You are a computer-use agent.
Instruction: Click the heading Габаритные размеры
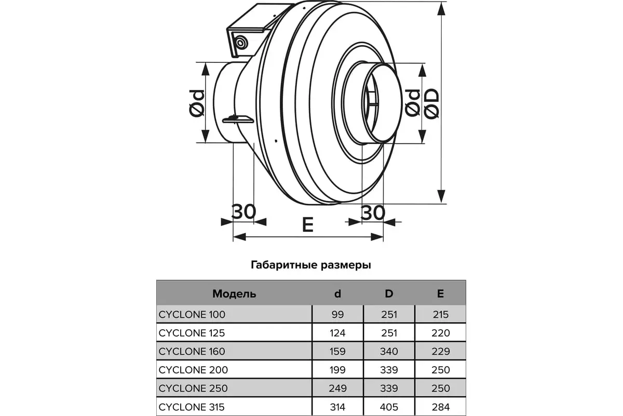pos(310,265)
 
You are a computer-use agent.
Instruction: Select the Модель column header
pos(234,294)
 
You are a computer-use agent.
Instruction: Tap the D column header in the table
pos(389,294)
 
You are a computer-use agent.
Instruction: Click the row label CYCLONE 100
pos(192,315)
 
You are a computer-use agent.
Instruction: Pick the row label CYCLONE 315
pos(192,407)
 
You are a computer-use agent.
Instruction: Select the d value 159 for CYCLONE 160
pos(337,352)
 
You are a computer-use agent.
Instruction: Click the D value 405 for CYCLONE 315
pos(389,407)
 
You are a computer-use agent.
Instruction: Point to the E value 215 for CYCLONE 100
pos(440,315)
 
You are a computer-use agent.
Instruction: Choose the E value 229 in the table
pos(440,352)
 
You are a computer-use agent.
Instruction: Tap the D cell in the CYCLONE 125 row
pos(389,333)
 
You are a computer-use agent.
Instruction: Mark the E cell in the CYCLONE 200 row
pos(440,370)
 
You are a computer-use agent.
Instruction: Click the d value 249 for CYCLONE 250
pos(337,388)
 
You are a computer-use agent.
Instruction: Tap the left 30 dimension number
pos(243,212)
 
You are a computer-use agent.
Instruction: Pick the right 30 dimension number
pos(373,213)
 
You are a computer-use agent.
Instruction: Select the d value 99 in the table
pos(337,315)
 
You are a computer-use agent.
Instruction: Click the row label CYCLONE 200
pos(193,370)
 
